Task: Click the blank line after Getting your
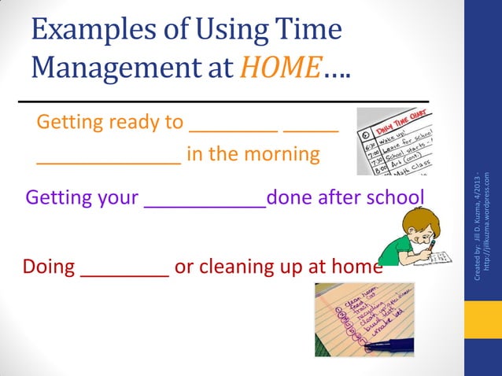coord(205,205)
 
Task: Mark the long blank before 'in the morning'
coord(109,162)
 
